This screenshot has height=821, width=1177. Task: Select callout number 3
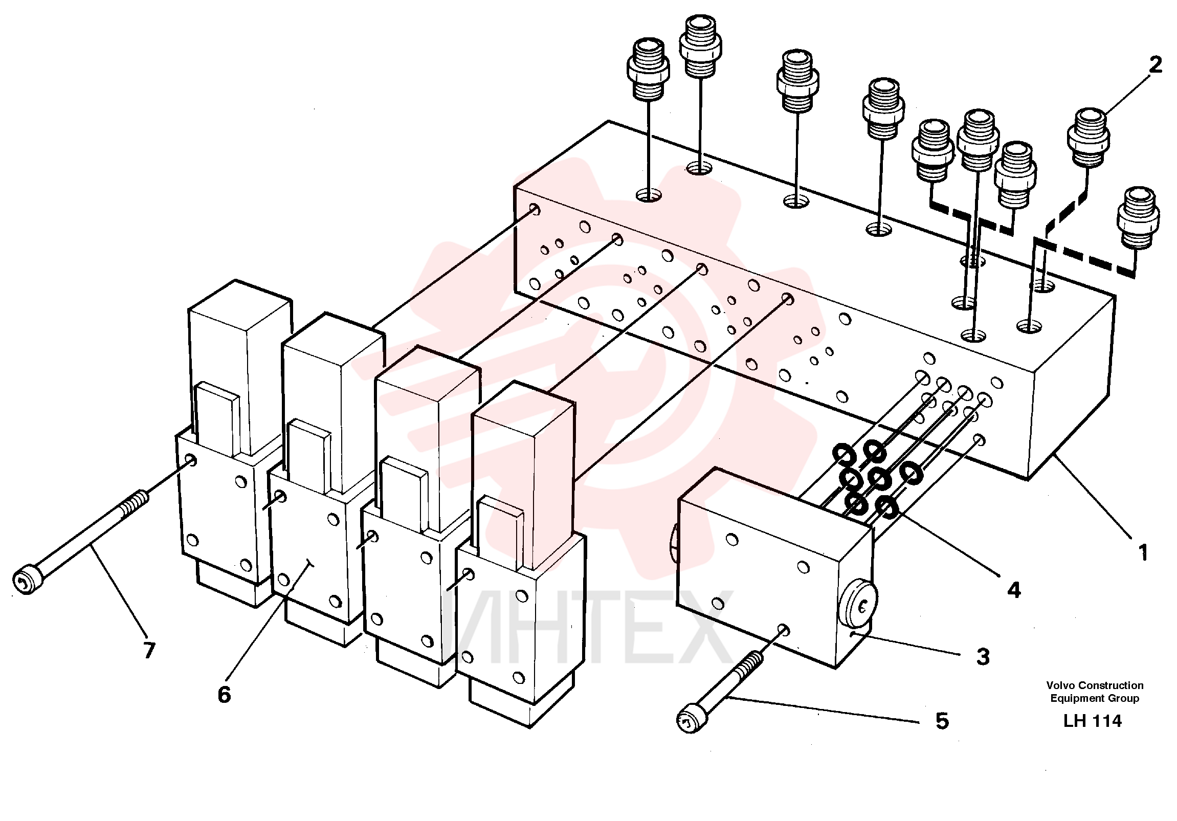(983, 656)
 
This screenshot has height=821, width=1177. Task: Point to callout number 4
(1014, 590)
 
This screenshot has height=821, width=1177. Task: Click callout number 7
(149, 650)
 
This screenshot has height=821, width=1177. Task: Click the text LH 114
(1093, 721)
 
